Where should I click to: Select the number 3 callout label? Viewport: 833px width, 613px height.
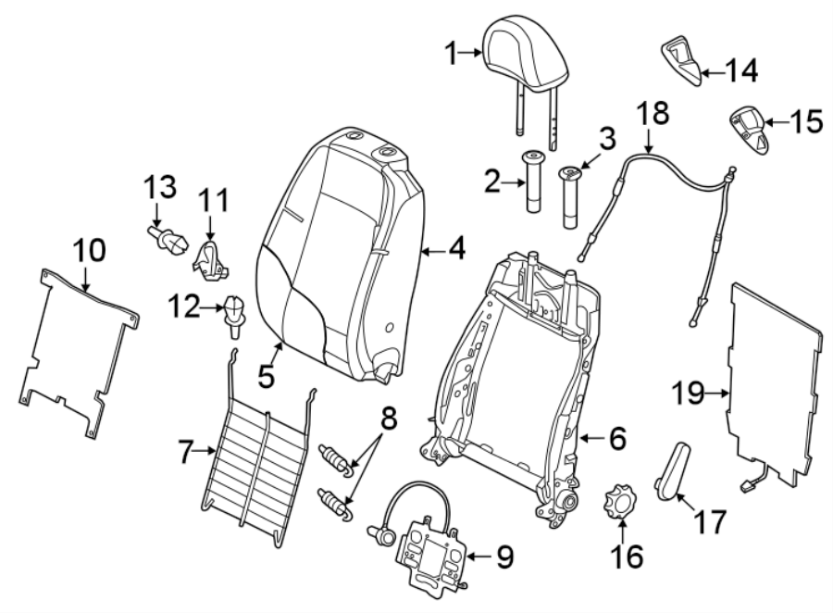tap(606, 140)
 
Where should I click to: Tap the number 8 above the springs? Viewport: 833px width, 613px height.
tap(389, 419)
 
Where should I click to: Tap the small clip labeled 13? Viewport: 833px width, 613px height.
tap(167, 243)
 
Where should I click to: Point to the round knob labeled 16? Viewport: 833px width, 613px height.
tap(621, 503)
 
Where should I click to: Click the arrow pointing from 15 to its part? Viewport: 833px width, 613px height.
tap(777, 121)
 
